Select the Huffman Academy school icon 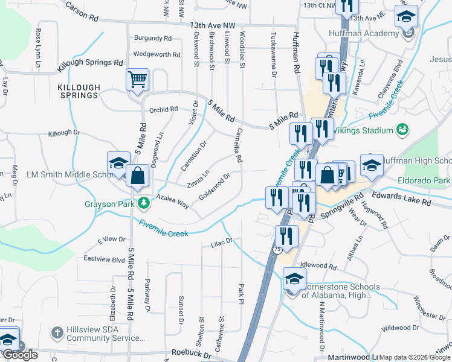[406, 17]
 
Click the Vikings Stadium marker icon [402, 129]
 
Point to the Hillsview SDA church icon [57, 332]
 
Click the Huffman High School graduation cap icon [372, 165]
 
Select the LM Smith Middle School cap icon [118, 162]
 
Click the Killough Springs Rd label [91, 63]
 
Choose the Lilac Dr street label [221, 243]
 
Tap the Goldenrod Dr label [215, 187]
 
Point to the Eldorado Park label [423, 180]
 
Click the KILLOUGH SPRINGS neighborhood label [78, 91]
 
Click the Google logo [20, 355]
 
